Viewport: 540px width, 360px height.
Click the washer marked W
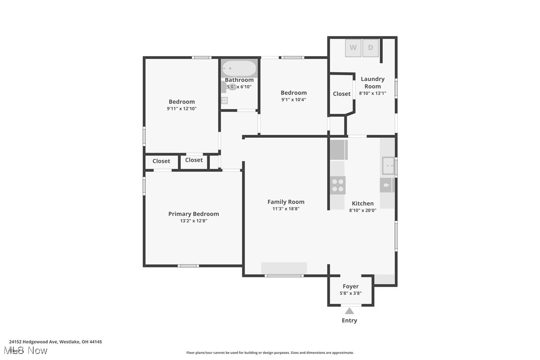pos(353,48)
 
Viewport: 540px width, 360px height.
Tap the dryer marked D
pos(370,48)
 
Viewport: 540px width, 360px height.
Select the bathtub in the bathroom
pos(239,68)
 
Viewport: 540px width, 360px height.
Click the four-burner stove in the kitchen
pos(338,185)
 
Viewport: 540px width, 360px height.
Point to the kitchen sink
pos(388,165)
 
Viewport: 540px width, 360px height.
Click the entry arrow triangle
pos(350,311)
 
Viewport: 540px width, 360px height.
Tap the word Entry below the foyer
pos(350,321)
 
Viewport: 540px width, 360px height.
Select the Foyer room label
pos(351,286)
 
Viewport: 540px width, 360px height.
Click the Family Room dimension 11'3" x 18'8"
pos(286,209)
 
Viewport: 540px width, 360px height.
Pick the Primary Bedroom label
pos(193,214)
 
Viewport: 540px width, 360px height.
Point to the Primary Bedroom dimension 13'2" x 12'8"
pos(193,221)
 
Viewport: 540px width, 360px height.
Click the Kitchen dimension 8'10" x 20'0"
pos(362,210)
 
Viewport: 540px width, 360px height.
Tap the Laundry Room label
pos(372,83)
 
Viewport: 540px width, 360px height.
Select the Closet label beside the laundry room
pos(342,94)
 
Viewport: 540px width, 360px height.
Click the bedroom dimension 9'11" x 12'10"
pos(181,108)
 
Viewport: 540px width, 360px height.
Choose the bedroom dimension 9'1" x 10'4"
pos(293,99)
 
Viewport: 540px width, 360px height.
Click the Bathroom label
pos(239,80)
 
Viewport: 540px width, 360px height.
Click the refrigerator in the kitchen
pos(339,150)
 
